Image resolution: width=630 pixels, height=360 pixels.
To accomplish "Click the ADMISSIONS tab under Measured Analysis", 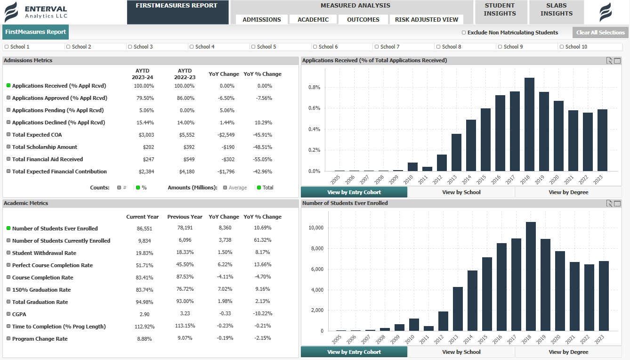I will click(x=262, y=20).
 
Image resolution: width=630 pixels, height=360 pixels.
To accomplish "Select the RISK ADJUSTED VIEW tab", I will click(x=426, y=20).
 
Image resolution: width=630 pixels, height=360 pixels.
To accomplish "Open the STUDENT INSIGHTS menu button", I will click(x=500, y=10).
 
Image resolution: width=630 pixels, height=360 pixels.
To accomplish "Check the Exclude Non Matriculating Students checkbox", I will click(x=464, y=33).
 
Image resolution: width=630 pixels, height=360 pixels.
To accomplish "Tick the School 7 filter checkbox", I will click(x=377, y=47).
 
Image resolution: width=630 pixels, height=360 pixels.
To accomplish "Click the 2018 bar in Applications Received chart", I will click(x=529, y=124).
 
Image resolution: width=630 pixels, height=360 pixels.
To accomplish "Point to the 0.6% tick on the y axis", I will click(x=314, y=108).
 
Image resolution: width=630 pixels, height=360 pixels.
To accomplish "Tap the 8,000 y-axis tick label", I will click(x=315, y=249).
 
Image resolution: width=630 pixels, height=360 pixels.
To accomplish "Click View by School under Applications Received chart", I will click(x=461, y=192).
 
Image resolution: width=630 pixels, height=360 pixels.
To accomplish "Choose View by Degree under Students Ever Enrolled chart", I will click(x=568, y=352).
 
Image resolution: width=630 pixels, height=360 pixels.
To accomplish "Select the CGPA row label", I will click(x=19, y=314).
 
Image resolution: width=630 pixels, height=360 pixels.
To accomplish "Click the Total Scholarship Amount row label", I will click(x=44, y=147).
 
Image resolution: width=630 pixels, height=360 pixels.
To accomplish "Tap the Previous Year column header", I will click(x=185, y=217).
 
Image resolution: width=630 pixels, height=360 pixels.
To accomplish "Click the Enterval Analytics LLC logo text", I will click(x=46, y=12).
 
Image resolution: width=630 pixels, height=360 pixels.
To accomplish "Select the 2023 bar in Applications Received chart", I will click(x=602, y=140).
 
